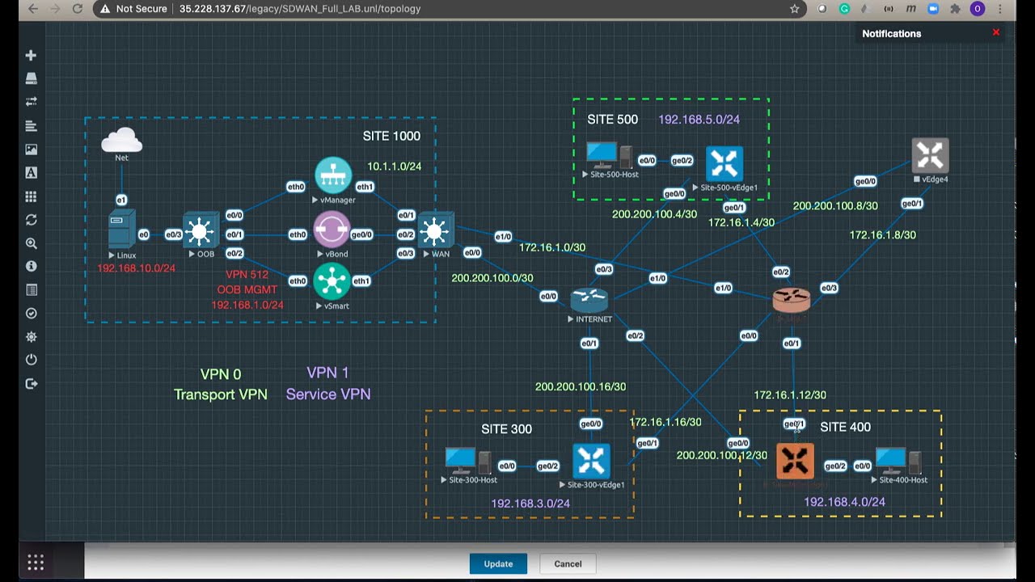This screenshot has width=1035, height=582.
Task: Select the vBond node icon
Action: (332, 230)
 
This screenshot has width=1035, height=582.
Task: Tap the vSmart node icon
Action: (332, 281)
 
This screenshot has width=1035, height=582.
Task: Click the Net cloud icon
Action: (122, 141)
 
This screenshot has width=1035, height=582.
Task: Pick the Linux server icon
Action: (122, 230)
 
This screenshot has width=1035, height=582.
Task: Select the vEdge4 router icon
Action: (929, 156)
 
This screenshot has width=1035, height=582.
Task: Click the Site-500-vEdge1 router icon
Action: (724, 164)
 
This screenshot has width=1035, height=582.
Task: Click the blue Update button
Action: (498, 563)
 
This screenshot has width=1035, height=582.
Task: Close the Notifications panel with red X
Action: (996, 32)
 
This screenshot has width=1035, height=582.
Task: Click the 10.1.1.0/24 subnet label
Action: (394, 167)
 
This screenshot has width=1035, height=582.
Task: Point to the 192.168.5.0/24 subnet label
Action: (699, 120)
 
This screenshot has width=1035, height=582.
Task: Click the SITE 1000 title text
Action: (391, 136)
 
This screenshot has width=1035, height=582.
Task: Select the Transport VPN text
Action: (220, 394)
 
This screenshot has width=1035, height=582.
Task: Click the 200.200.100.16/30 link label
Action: (580, 386)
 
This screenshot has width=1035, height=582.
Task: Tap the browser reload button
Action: (78, 9)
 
